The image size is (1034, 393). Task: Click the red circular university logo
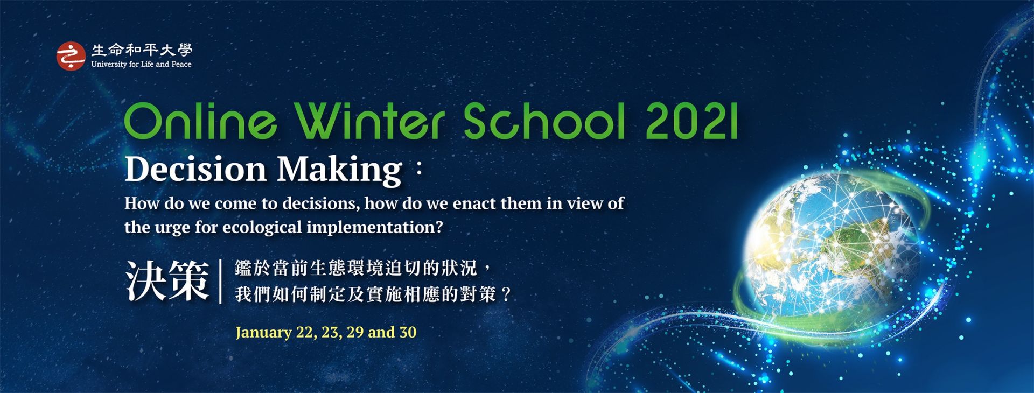71,56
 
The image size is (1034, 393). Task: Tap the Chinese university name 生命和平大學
142,50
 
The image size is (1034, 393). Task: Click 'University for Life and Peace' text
141,64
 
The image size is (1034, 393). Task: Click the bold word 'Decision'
195,169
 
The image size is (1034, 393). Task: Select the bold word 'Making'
339,170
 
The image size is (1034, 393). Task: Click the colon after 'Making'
417,171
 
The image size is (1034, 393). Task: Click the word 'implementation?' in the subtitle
375,228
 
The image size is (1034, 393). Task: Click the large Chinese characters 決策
167,281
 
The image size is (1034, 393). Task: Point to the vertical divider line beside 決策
221,281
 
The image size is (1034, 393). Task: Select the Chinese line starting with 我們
372,294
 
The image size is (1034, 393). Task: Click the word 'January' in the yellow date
263,332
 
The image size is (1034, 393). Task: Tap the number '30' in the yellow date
408,332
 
